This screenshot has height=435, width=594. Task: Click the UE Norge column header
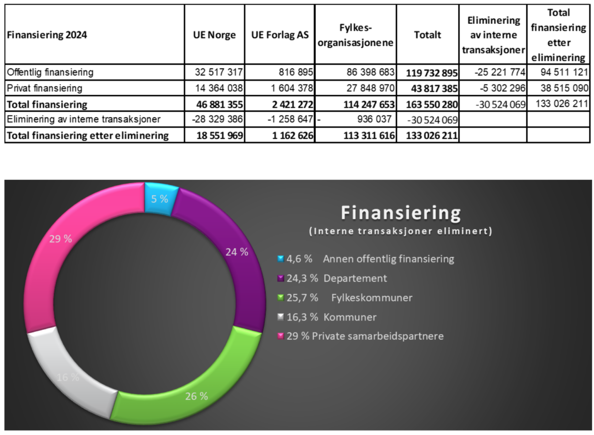pyautogui.click(x=214, y=35)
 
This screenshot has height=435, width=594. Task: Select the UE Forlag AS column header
pyautogui.click(x=279, y=35)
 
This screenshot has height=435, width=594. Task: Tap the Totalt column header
pyautogui.click(x=427, y=35)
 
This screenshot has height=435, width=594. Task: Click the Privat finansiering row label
pyautogui.click(x=44, y=88)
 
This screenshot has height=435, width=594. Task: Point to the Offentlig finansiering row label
pyautogui.click(x=50, y=72)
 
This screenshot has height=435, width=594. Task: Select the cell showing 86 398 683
pyautogui.click(x=366, y=72)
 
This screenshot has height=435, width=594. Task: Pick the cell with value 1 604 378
pyautogui.click(x=289, y=88)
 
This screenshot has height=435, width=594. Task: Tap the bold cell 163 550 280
pyautogui.click(x=432, y=104)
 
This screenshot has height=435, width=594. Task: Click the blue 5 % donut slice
pyautogui.click(x=160, y=198)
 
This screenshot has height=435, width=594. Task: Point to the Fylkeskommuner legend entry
pyautogui.click(x=345, y=298)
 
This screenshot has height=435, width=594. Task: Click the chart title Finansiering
pyautogui.click(x=400, y=212)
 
